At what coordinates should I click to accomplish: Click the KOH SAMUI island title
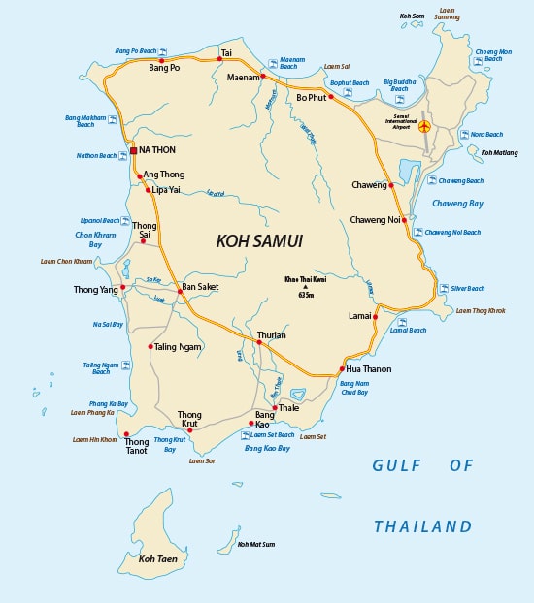[x=259, y=240]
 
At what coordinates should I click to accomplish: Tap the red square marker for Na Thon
[x=133, y=151]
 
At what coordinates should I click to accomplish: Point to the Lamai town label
[x=359, y=316]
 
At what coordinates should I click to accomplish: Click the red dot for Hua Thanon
[x=342, y=369]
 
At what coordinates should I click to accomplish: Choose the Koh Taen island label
[x=157, y=559]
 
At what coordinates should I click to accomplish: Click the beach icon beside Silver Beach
[x=427, y=288]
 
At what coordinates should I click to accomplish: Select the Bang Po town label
[x=164, y=69]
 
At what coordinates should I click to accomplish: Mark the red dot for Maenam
[x=263, y=77]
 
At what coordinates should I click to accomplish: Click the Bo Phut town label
[x=311, y=97]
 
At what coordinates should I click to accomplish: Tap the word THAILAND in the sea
[x=422, y=527]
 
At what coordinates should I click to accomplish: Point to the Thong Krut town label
[x=189, y=420]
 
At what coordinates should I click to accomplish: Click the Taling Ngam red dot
[x=150, y=346]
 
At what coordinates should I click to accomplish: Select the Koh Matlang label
[x=499, y=152]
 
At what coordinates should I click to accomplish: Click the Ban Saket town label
[x=201, y=287]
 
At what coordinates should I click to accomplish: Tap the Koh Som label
[x=412, y=16]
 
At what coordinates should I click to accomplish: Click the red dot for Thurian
[x=259, y=343]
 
